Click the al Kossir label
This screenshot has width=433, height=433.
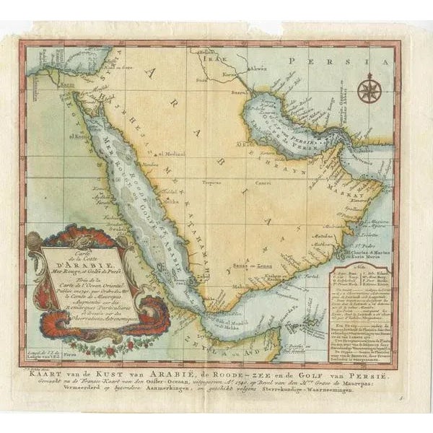82,135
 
